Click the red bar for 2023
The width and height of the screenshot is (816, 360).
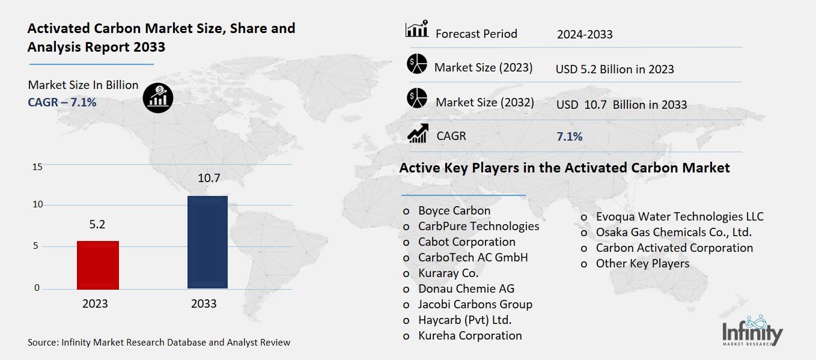click(x=98, y=264)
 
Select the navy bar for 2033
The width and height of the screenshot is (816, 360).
click(x=207, y=242)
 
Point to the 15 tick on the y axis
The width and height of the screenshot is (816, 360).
click(x=37, y=166)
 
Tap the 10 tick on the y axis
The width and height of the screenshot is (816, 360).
click(x=38, y=204)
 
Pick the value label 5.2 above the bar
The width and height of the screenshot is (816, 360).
click(x=97, y=224)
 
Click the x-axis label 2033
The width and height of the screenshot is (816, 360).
click(x=204, y=304)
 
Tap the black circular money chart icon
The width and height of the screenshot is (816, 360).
click(x=158, y=97)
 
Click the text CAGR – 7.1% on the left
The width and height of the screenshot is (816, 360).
click(x=62, y=102)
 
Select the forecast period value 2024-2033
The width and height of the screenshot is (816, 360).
click(x=585, y=34)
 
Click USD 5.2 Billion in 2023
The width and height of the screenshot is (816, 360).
click(x=615, y=69)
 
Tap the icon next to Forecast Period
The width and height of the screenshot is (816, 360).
click(x=417, y=29)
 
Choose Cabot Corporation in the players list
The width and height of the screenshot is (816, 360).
click(x=467, y=242)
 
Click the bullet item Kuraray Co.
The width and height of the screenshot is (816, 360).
click(x=448, y=273)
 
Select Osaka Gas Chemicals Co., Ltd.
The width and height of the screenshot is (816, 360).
click(x=674, y=232)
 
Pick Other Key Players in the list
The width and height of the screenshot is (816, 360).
click(x=642, y=263)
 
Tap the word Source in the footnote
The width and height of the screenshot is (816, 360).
click(x=42, y=343)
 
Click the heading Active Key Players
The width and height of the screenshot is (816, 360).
click(x=565, y=168)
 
